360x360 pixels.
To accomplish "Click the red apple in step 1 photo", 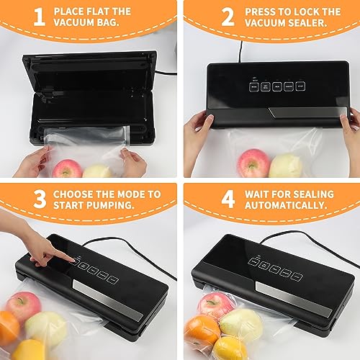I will point(68,170).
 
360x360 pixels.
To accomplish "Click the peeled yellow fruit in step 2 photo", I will point(285,165).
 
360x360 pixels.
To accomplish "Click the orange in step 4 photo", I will point(202,329).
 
